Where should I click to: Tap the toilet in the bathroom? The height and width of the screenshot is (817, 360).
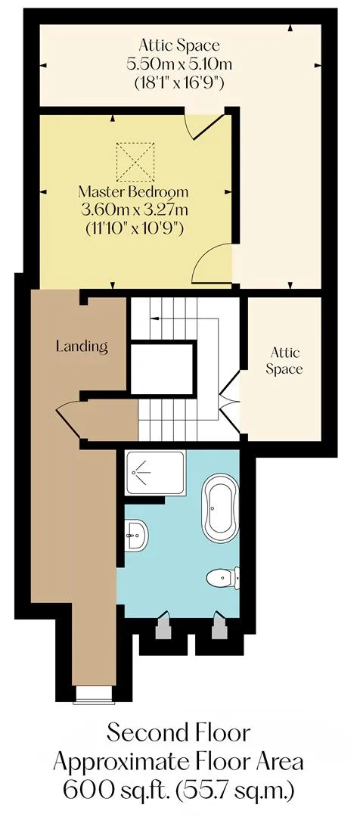coord(223,577)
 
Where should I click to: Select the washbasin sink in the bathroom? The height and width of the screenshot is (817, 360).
coord(137,535)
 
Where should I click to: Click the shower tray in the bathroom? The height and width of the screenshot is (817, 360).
coord(155,473)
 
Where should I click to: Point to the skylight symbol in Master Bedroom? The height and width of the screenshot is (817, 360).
coord(135,163)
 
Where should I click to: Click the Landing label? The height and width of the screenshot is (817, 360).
coord(82,346)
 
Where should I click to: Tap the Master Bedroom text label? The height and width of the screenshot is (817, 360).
coord(133,191)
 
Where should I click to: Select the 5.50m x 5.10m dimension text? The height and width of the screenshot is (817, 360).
coord(179,64)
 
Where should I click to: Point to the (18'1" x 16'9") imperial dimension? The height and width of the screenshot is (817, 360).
coord(179,83)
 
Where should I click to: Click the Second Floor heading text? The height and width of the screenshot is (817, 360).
coord(178,733)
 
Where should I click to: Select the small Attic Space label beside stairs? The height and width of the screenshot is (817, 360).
coord(284,361)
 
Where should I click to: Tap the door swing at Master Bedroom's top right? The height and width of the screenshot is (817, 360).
coord(207,125)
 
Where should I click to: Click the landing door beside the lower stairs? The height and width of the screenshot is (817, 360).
coord(71,417)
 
